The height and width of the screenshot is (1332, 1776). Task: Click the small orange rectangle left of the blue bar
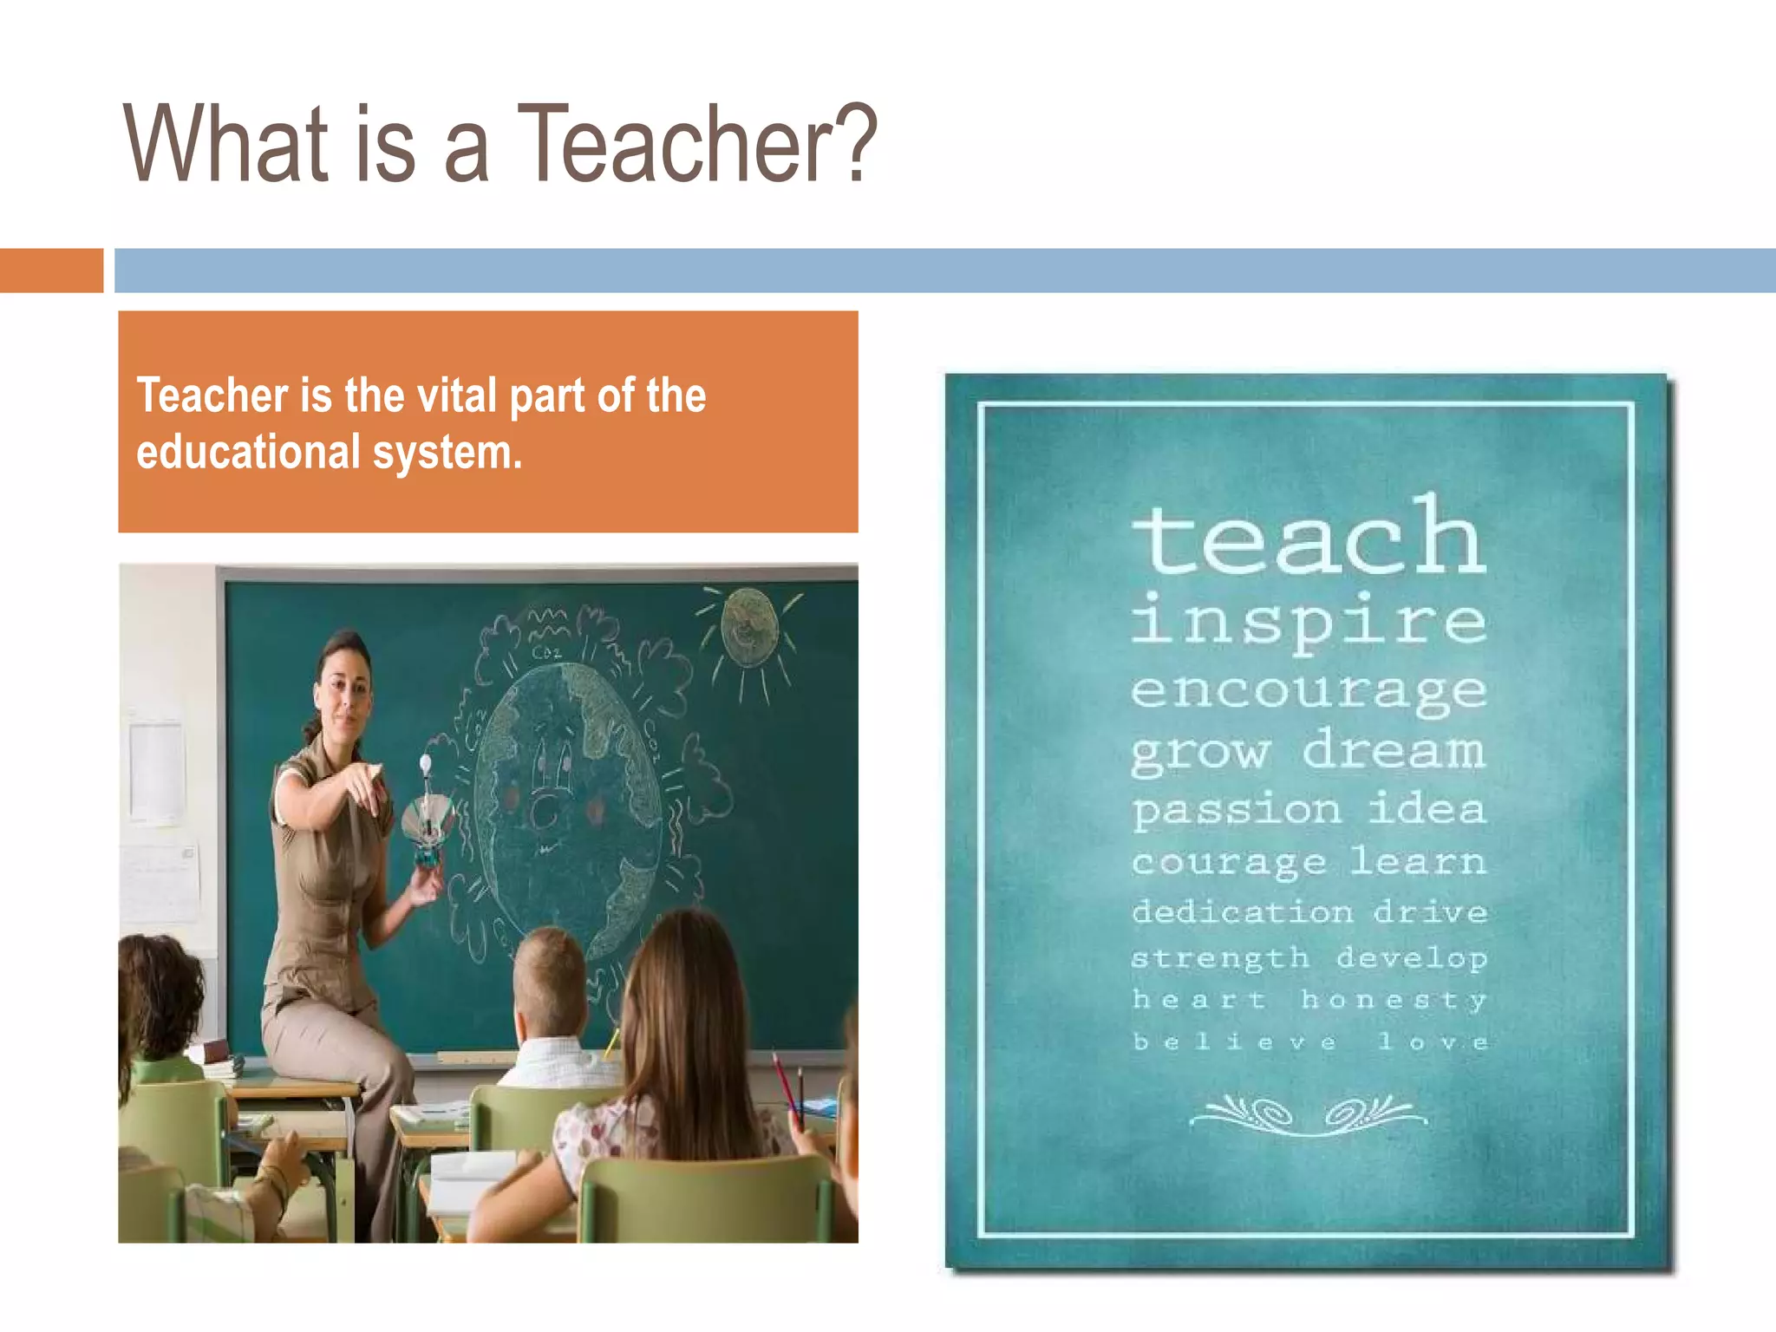[51, 271]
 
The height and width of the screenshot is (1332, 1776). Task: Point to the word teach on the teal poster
[1309, 538]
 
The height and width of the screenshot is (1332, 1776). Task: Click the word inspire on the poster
[1309, 621]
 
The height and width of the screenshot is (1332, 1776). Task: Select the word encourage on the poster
[1309, 692]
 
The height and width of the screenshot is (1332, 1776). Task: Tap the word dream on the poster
[1394, 749]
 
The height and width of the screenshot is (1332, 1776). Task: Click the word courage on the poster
[1229, 862]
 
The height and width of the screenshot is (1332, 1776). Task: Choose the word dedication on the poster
[1243, 912]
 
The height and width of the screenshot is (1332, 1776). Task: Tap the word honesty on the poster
[1394, 1000]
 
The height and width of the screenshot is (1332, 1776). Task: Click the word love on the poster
[1433, 1041]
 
